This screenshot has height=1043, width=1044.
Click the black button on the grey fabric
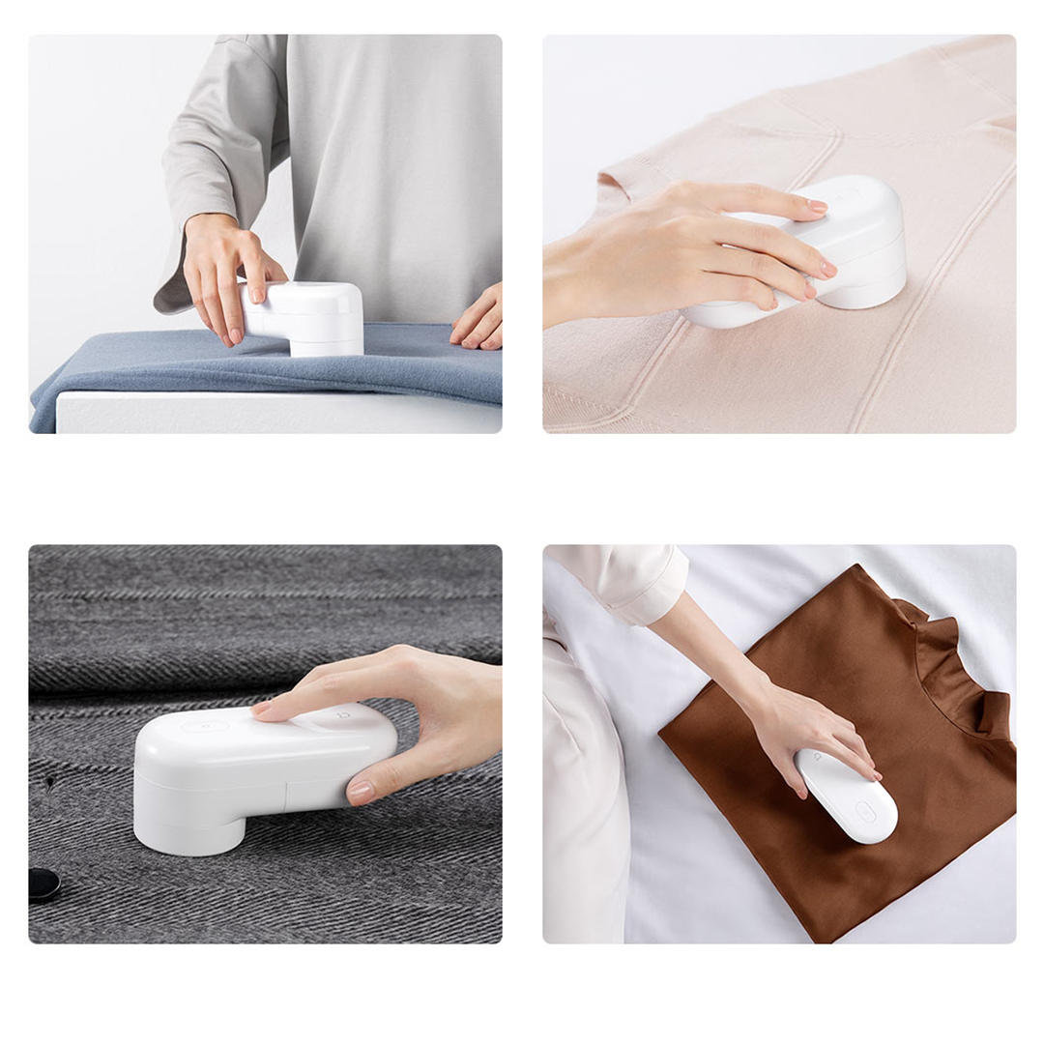pos(43,884)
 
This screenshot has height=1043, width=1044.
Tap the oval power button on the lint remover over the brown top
pos(866,812)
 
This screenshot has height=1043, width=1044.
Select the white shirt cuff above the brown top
pos(642,584)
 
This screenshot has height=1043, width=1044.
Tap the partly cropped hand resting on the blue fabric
pos(480,320)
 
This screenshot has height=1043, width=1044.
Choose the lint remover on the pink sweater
pos(851,246)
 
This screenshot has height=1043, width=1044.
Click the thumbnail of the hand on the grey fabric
pos(361,792)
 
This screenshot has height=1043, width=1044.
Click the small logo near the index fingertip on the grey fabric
pos(343,716)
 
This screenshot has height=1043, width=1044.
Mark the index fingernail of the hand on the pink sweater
pos(817,206)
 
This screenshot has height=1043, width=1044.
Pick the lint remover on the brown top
pos(847,796)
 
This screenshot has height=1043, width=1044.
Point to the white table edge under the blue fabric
pos(271,413)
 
